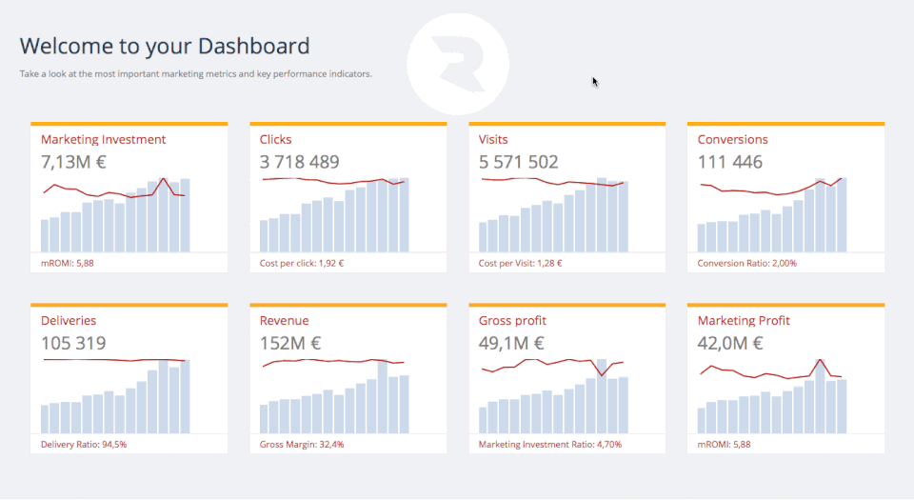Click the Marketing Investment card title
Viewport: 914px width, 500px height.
pyautogui.click(x=103, y=140)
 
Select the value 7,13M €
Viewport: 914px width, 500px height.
pyautogui.click(x=73, y=162)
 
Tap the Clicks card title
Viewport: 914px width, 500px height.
pyautogui.click(x=276, y=140)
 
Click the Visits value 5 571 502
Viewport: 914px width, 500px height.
pyautogui.click(x=518, y=162)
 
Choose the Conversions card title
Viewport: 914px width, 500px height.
pyautogui.click(x=732, y=140)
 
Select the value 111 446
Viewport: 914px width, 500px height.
pyautogui.click(x=729, y=162)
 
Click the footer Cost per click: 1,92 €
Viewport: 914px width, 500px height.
pyautogui.click(x=302, y=264)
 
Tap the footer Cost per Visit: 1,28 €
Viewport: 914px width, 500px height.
pyautogui.click(x=520, y=264)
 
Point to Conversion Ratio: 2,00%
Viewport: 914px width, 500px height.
pyautogui.click(x=746, y=264)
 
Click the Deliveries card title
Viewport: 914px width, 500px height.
pyautogui.click(x=69, y=321)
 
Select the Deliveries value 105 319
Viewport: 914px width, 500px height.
pyautogui.click(x=73, y=343)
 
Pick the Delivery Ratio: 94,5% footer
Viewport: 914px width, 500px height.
pyautogui.click(x=84, y=445)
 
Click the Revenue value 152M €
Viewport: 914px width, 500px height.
pyautogui.click(x=290, y=343)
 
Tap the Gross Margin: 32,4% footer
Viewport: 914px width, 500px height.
pyautogui.click(x=302, y=445)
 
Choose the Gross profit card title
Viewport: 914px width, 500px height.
pyautogui.click(x=512, y=321)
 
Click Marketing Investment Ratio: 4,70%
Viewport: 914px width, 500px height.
pyautogui.click(x=550, y=445)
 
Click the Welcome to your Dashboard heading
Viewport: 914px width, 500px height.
pyautogui.click(x=165, y=46)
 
